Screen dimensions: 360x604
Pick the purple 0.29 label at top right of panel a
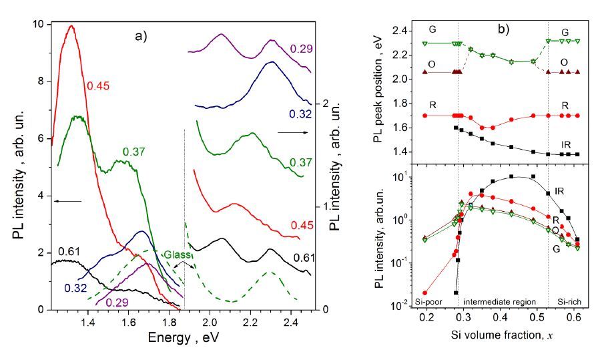click(x=300, y=49)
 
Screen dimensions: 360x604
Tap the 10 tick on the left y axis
click(x=39, y=24)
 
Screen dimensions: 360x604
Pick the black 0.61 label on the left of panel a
click(x=69, y=251)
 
